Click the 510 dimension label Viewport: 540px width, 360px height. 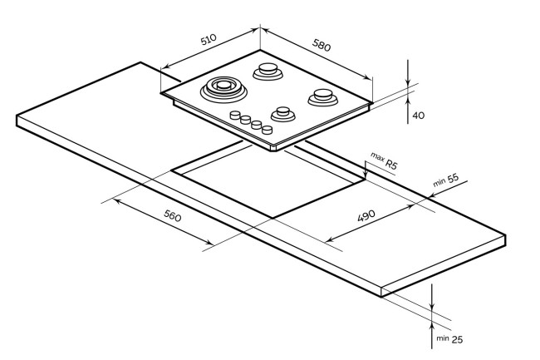(209, 39)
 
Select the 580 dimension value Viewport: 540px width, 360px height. (322, 45)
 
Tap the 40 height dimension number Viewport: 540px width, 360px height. (419, 116)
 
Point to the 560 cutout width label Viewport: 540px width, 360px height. (172, 215)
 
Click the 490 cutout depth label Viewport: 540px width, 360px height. (366, 215)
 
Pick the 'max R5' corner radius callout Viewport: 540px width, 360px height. (384, 161)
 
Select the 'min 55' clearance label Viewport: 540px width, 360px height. (446, 180)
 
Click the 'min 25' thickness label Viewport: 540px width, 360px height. (449, 339)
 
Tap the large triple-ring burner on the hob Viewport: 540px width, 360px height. (223, 89)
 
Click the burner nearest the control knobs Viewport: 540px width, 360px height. (283, 114)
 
